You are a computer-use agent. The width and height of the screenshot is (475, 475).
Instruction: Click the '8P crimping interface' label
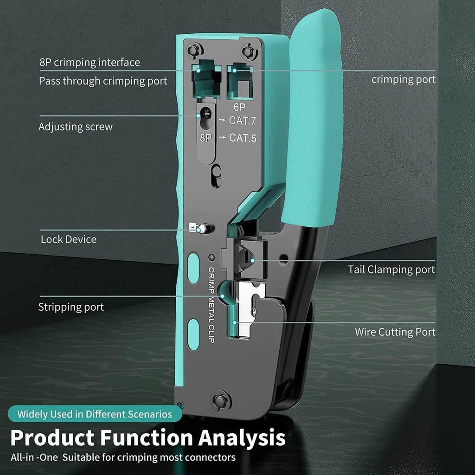pos(90,63)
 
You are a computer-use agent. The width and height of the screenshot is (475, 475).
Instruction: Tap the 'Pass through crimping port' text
pos(103,81)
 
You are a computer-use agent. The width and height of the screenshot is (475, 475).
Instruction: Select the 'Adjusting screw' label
pos(76,127)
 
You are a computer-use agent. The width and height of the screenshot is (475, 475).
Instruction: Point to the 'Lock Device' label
pos(69,239)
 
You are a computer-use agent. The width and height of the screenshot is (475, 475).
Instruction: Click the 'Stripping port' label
pos(71,307)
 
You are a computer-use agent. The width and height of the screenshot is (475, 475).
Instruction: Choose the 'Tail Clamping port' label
pos(391,270)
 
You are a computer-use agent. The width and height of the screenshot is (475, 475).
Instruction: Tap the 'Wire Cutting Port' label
pos(395,332)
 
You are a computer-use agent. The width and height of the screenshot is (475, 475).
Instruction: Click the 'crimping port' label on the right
pos(404,79)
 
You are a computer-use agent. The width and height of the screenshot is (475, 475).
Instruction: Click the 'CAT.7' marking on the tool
pos(243,121)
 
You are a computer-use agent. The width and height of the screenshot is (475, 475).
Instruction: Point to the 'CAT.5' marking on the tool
pos(243,138)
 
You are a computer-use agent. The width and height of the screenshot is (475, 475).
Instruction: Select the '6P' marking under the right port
pos(239,107)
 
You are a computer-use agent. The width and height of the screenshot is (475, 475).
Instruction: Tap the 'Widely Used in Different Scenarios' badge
pos(95,414)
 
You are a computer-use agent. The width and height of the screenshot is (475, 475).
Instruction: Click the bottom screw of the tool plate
pos(221,401)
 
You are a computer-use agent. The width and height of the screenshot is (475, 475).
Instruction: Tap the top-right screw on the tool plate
pos(249,51)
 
